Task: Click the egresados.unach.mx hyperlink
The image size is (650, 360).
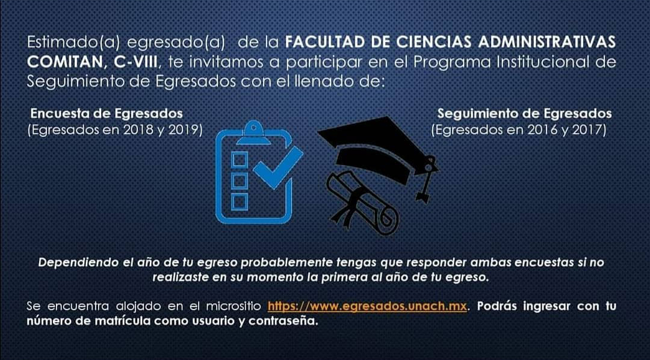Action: pyautogui.click(x=367, y=306)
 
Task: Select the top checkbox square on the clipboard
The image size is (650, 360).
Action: pyautogui.click(x=240, y=160)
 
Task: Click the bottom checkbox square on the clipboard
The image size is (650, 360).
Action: pyautogui.click(x=240, y=202)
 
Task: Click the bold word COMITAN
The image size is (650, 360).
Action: pyautogui.click(x=64, y=62)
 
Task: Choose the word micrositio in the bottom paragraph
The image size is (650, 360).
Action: pyautogui.click(x=234, y=306)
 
